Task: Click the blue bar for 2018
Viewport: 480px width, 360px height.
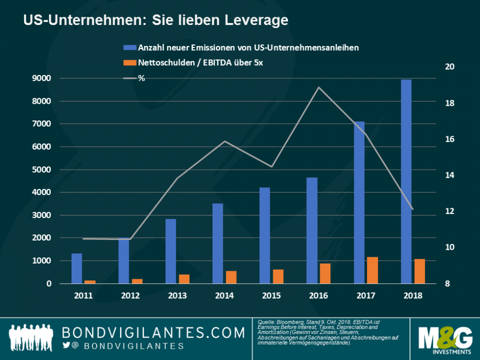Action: (406, 181)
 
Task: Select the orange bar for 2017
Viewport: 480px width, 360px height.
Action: (372, 270)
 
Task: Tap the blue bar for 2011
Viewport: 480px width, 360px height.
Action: (77, 269)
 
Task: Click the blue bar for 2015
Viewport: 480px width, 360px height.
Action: (265, 235)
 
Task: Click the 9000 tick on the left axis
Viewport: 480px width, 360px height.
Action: (41, 79)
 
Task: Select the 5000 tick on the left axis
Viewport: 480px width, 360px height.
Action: (41, 170)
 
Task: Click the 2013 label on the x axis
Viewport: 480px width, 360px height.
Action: (177, 296)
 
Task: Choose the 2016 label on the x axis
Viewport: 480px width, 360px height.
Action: (319, 296)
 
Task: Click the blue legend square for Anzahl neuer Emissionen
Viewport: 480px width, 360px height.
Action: (130, 47)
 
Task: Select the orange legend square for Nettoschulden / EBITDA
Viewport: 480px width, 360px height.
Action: (130, 63)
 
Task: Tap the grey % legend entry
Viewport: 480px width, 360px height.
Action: (134, 78)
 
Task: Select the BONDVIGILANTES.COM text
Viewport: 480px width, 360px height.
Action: (153, 333)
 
